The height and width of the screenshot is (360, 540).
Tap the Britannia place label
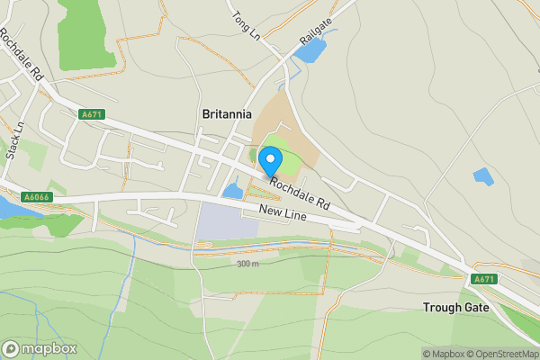click(226, 114)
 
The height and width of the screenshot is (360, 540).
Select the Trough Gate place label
click(455, 307)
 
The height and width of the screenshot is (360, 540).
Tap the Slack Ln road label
click(13, 140)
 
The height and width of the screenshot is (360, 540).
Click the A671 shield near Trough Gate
click(484, 279)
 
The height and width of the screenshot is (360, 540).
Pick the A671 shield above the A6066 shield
click(92, 114)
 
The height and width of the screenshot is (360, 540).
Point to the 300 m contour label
click(247, 264)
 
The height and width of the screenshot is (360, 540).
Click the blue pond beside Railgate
click(310, 51)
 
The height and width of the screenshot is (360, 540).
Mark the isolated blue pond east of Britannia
click(483, 176)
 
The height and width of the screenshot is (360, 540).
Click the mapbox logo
click(39, 348)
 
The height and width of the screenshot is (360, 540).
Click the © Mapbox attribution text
click(443, 353)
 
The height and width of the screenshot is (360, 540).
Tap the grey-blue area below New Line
click(226, 221)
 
